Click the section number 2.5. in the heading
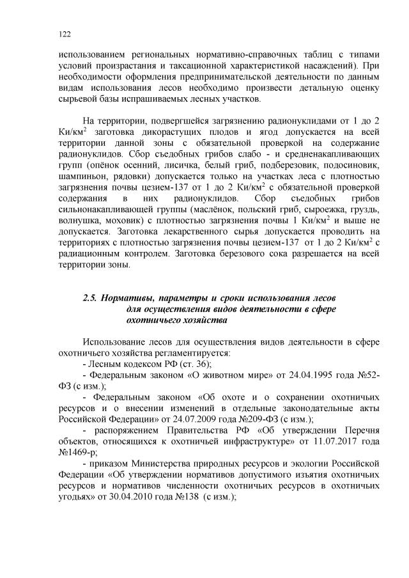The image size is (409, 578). tap(89, 299)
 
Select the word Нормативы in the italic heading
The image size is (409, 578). tap(132, 299)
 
